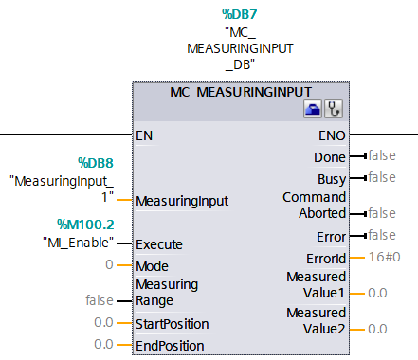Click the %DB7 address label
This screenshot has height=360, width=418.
[241, 14]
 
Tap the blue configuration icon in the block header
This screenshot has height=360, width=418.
[313, 111]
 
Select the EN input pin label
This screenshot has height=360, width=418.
[144, 135]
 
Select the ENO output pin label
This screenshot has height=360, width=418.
[332, 135]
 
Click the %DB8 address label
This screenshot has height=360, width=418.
[95, 164]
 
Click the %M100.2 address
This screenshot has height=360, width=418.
[86, 225]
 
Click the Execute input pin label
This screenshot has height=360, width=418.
[159, 243]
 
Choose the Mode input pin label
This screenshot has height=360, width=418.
[153, 265]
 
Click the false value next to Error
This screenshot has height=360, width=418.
[381, 235]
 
